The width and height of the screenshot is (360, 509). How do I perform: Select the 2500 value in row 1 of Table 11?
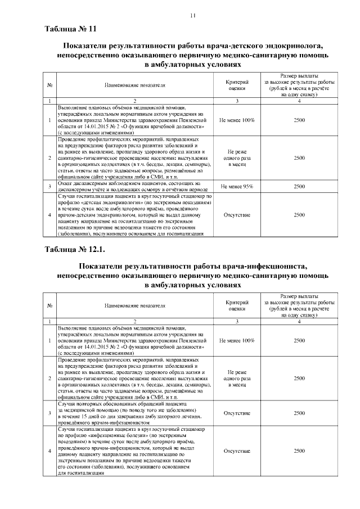coord(299,120)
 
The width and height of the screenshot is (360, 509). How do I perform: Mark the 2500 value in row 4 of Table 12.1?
coord(299,451)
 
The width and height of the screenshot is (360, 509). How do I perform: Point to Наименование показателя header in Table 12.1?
coord(135,306)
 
